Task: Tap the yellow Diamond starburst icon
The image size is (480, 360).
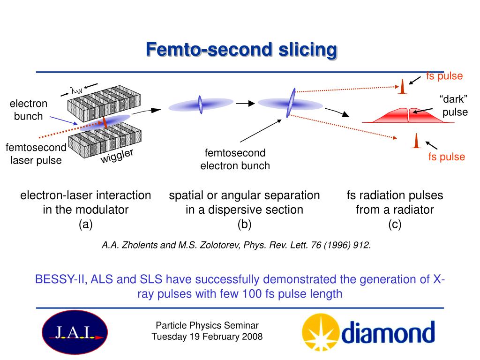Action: (x=320, y=332)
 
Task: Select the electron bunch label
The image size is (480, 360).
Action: (x=29, y=110)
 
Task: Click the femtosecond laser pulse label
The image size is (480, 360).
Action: (x=36, y=154)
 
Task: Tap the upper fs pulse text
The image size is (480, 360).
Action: (x=444, y=76)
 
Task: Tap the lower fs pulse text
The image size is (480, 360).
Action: (x=446, y=157)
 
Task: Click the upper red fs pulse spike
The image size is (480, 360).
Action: (x=402, y=87)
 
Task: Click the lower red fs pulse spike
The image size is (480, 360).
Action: (x=416, y=141)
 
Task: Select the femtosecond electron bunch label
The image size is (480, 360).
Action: (x=235, y=159)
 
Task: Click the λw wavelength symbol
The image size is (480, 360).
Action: (x=76, y=89)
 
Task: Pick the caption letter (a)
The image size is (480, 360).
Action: (x=86, y=225)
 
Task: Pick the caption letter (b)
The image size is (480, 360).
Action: (x=244, y=225)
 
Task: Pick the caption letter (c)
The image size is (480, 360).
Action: (x=395, y=225)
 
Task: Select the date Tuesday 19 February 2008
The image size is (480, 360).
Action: (x=207, y=337)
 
